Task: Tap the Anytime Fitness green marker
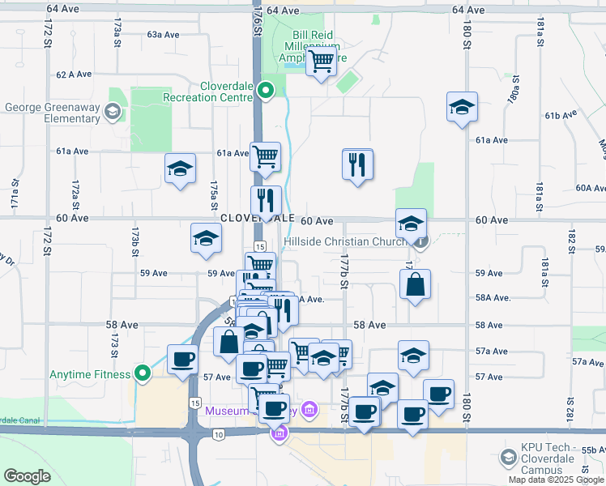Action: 143,373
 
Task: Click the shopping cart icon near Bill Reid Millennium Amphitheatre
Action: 322,61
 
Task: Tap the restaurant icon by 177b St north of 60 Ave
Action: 357,164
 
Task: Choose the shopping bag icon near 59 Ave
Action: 415,284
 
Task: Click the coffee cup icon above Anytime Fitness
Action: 182,359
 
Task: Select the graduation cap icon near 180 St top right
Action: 462,107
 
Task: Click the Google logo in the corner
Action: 28,476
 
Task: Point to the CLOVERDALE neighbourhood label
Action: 257,219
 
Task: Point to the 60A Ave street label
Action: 590,188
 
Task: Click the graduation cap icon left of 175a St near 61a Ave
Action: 180,168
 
